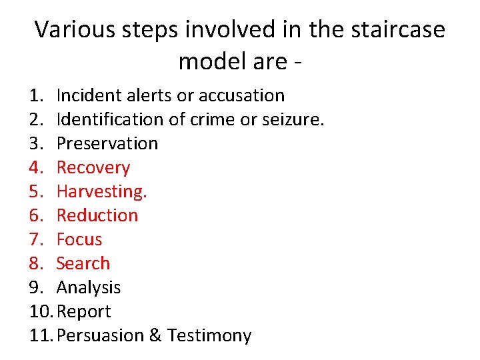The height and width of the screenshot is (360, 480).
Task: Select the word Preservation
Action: pos(107,143)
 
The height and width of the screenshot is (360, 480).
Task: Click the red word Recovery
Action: pos(93,167)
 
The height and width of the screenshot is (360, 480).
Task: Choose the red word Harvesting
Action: pos(101,191)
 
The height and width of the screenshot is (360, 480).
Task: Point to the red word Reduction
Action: pos(97,215)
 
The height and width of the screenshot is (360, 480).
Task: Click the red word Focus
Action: pos(79,239)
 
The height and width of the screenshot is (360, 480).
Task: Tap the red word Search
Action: pos(83,263)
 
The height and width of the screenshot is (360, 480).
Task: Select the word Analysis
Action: pos(89,287)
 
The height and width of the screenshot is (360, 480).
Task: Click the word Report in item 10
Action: pos(85,311)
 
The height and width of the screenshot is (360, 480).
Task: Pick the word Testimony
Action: pos(209,335)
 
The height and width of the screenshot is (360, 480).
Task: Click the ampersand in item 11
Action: pos(155,335)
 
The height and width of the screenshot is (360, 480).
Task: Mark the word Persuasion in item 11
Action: pos(101,335)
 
